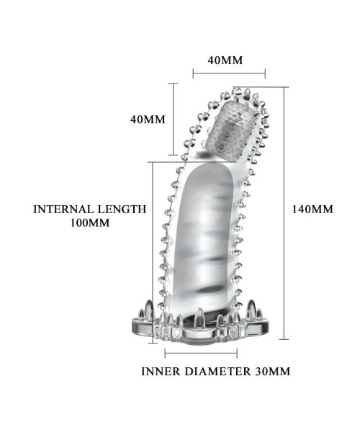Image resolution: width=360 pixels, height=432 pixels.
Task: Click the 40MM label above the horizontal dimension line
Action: pos(225,60)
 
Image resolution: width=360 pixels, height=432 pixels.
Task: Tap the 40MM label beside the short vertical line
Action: pos(148,120)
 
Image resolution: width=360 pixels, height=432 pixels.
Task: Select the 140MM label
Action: pos(312,210)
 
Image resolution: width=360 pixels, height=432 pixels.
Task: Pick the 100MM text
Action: pos(90,222)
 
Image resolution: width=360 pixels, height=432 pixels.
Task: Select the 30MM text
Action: pos(273,372)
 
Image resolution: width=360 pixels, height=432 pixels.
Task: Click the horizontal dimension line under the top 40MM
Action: pos(229,73)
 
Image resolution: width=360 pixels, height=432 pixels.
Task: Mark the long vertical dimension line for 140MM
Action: pos(284,213)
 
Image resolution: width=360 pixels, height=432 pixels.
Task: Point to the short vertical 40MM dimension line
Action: pos(173,120)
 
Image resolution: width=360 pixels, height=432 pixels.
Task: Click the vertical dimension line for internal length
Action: pos(153,253)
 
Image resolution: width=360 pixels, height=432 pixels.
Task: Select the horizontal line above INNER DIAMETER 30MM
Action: pos(201,353)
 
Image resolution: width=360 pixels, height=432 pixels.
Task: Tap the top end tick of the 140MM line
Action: pos(284,87)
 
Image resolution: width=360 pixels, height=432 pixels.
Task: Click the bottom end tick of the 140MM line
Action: pos(284,339)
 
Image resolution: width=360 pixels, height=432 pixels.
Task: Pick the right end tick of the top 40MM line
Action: pos(265,73)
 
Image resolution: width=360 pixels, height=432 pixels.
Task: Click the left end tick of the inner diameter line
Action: pos(165,353)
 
